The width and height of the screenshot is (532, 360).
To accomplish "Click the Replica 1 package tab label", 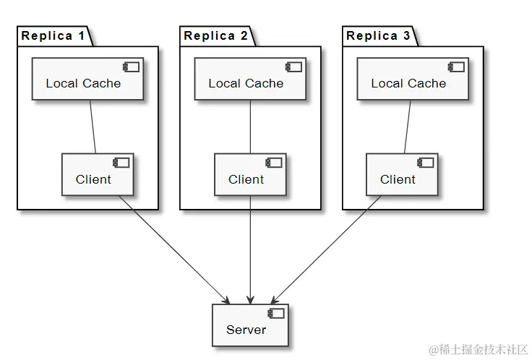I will (56, 35).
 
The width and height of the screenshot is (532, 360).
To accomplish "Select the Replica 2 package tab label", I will (219, 35).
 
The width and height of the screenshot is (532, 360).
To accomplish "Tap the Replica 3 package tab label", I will (382, 35).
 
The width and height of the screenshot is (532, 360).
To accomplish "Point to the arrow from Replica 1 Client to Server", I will (173, 249).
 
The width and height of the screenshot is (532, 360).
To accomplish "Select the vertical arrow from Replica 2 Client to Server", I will (250, 249).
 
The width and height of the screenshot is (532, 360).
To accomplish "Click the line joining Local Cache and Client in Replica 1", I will (93, 127).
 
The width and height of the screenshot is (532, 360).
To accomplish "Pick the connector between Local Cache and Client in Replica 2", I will (250, 127).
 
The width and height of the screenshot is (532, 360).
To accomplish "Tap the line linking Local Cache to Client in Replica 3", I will (408, 127).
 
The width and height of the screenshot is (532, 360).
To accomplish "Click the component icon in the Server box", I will (276, 313).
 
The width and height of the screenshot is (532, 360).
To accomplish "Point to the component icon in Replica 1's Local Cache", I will (132, 67).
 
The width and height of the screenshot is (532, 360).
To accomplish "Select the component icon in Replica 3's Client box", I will (426, 163).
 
